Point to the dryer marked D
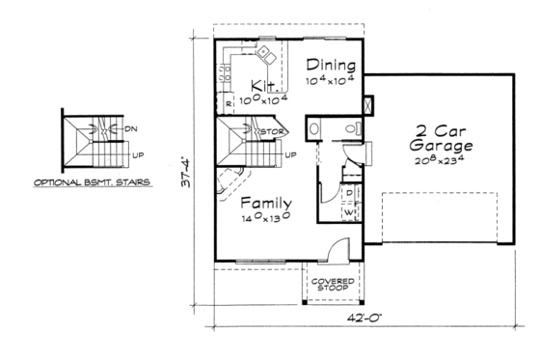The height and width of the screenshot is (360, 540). pos(348,192)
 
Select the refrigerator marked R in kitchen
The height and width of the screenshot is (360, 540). pos(229,101)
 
